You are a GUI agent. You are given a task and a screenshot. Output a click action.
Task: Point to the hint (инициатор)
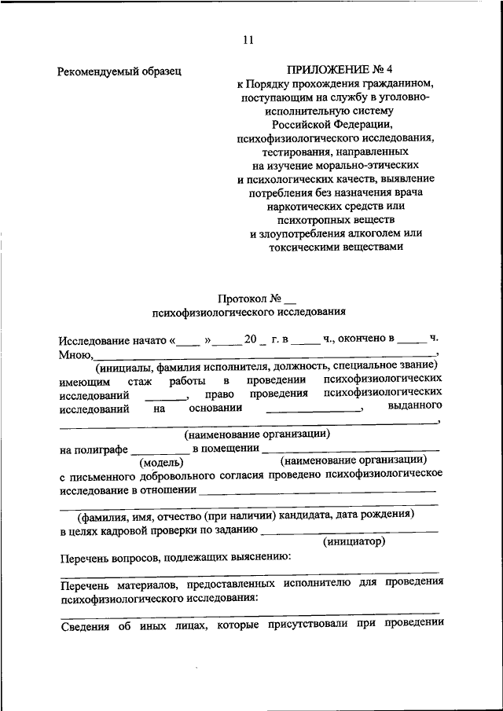[x=354, y=542]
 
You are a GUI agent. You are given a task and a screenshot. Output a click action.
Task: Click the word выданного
[x=415, y=406]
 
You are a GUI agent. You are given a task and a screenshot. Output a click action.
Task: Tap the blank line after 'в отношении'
[x=318, y=491]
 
